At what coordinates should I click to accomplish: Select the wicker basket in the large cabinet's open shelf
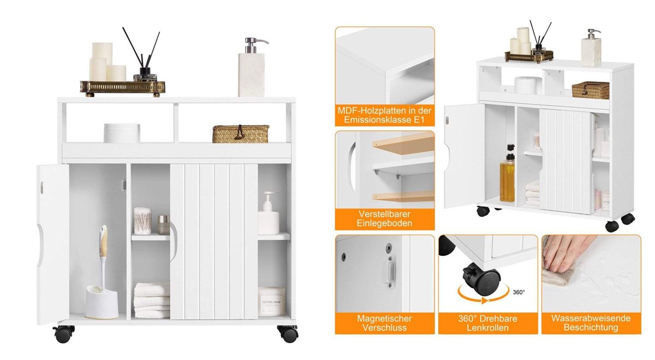coord(241,134)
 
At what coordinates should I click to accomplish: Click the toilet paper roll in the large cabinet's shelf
coord(122,133)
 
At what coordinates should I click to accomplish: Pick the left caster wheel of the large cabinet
coord(64,333)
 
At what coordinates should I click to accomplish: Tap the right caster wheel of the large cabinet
coord(288,333)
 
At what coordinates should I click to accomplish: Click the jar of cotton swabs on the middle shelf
coord(142,221)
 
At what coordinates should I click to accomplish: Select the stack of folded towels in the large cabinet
coord(152,300)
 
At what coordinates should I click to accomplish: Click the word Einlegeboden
coord(384,223)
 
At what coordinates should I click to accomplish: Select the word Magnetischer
coord(384,318)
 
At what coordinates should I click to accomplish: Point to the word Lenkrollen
coord(487,328)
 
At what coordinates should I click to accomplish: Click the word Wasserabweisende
coord(591,318)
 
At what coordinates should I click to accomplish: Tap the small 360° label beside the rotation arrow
coord(519,292)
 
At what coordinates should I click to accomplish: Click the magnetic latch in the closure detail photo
coord(390,271)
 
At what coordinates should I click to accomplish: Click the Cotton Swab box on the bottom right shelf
coord(271,302)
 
